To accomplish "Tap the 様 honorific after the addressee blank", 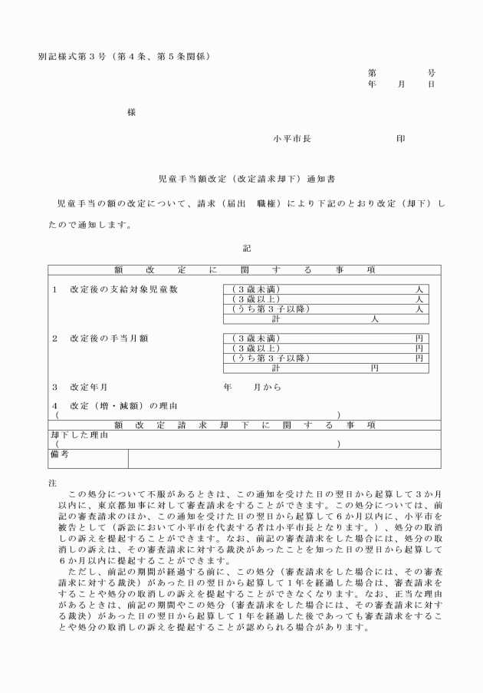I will tap(132, 113).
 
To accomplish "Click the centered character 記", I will tap(246, 249).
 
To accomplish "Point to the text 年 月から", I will tap(253, 388).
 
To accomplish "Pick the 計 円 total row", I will tap(325, 368).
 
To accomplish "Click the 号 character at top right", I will tap(431, 71).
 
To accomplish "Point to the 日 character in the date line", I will tap(431, 84).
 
